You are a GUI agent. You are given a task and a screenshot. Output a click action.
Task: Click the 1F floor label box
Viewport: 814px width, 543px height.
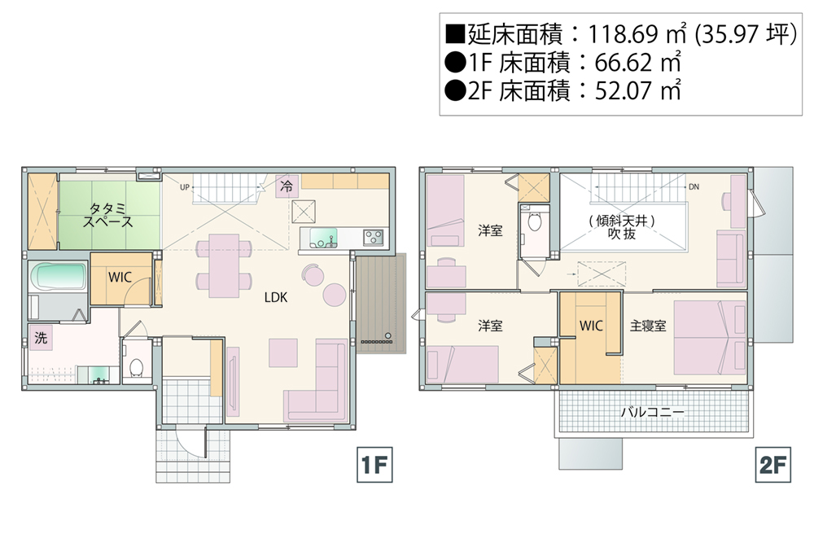[x=374, y=465]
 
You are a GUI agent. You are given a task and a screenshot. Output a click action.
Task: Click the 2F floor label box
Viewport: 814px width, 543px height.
[x=773, y=465]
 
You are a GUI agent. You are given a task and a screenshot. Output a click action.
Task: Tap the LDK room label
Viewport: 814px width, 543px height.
[x=276, y=297]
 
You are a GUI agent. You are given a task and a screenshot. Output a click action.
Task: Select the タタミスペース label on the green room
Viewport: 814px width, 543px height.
[x=108, y=216]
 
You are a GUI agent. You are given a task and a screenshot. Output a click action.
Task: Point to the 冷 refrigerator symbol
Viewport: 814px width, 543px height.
[x=287, y=186]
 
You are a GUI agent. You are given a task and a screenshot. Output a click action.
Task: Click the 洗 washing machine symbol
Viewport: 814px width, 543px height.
[x=41, y=338]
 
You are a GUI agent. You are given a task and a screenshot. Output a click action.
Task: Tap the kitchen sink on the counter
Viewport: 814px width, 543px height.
[x=323, y=239]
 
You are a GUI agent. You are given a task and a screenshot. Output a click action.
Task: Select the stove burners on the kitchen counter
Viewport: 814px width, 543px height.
[x=374, y=238]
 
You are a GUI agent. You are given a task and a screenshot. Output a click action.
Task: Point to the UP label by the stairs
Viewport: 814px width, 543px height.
[x=185, y=187]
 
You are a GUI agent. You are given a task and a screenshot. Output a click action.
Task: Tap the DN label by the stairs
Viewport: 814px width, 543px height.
[x=694, y=187]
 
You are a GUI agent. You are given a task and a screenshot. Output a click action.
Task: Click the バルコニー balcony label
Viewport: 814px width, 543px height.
[x=653, y=413]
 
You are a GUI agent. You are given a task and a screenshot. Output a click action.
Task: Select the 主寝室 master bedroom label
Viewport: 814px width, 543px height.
[x=648, y=326]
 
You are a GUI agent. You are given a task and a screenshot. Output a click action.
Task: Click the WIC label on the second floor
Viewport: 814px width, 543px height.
[x=591, y=326]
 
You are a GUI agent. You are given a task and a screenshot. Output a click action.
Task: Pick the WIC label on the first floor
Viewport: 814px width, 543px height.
[x=120, y=278]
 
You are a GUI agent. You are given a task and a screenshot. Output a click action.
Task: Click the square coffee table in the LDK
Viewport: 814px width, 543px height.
[x=283, y=353]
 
